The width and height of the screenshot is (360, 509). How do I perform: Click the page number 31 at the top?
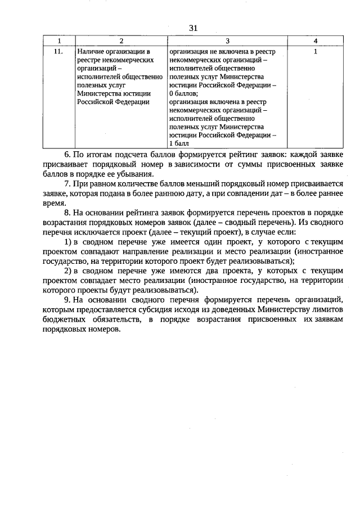[x=193, y=28]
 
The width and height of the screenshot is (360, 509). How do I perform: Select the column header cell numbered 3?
[x=227, y=41]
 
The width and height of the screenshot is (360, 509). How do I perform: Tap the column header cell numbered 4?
[x=316, y=41]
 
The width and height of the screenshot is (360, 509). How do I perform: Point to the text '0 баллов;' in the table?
[x=183, y=93]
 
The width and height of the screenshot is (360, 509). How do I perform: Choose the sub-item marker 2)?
[x=67, y=271]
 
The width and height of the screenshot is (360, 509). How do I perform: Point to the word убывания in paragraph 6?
[x=132, y=174]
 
